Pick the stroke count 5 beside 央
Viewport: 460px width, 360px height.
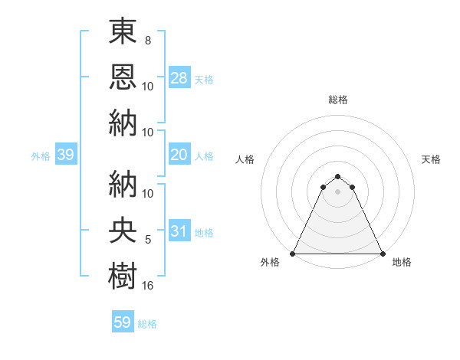click(148, 241)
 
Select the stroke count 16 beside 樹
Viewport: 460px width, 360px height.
click(148, 285)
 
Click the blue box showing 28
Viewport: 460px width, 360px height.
click(179, 78)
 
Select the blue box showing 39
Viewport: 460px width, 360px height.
click(65, 155)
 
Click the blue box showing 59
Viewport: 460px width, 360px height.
click(123, 322)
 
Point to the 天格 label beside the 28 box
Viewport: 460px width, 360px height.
click(204, 79)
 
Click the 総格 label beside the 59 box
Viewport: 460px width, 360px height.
click(147, 323)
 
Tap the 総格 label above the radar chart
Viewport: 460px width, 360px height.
click(337, 100)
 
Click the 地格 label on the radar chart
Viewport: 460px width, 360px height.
click(402, 262)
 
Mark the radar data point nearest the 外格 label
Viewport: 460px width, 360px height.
click(293, 254)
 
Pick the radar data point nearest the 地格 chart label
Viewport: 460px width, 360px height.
click(382, 254)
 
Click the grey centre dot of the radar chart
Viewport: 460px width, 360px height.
click(337, 191)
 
